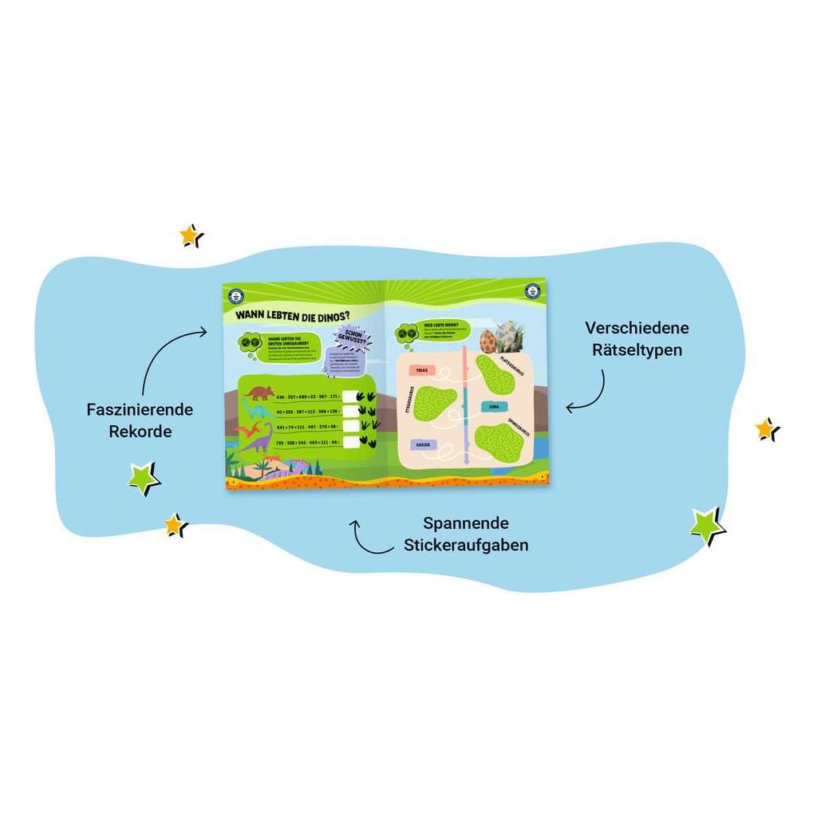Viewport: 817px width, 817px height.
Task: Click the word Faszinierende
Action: pyautogui.click(x=140, y=409)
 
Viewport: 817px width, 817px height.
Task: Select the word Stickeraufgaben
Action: pyautogui.click(x=476, y=545)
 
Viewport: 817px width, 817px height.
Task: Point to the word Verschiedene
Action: pyautogui.click(x=637, y=328)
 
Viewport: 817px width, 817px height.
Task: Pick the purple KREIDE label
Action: pyautogui.click(x=422, y=445)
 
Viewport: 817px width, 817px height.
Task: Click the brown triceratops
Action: pyautogui.click(x=259, y=393)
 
